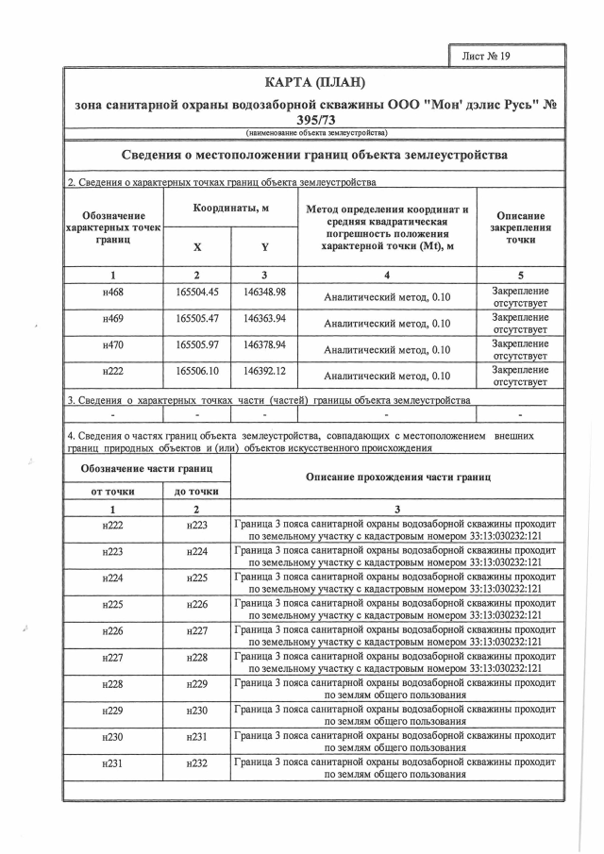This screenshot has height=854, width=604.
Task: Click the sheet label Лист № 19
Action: click(x=486, y=56)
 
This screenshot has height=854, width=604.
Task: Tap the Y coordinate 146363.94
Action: click(x=264, y=319)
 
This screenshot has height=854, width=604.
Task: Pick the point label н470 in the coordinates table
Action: click(x=112, y=345)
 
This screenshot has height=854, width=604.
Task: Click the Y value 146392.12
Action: click(x=264, y=372)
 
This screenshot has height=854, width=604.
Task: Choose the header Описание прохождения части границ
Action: click(x=397, y=477)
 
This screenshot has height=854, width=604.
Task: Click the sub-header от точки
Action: click(x=112, y=492)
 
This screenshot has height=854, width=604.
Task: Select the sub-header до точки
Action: click(x=196, y=492)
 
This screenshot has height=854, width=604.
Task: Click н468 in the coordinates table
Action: click(x=112, y=293)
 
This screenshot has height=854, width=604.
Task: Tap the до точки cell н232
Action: click(x=196, y=762)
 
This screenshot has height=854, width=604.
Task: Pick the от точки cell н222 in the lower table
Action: click(x=112, y=525)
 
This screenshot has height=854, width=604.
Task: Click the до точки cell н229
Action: click(x=196, y=683)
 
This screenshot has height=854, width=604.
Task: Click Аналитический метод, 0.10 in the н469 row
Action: click(x=387, y=324)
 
